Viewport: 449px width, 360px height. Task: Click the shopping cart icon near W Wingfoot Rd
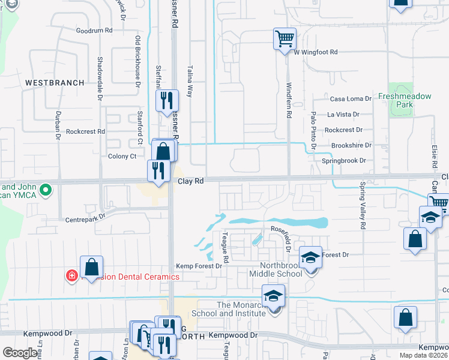click(285, 39)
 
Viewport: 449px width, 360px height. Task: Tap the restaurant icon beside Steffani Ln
click(167, 100)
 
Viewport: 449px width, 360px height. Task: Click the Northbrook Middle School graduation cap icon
click(310, 257)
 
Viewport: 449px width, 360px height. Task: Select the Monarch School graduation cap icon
click(273, 296)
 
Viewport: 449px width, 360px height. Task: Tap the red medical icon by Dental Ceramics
click(71, 276)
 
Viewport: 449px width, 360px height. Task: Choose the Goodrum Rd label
click(94, 30)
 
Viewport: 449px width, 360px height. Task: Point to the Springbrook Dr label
click(344, 161)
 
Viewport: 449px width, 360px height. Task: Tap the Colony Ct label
click(122, 157)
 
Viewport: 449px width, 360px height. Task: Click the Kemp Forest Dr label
click(199, 266)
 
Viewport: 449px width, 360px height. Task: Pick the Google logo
click(20, 352)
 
